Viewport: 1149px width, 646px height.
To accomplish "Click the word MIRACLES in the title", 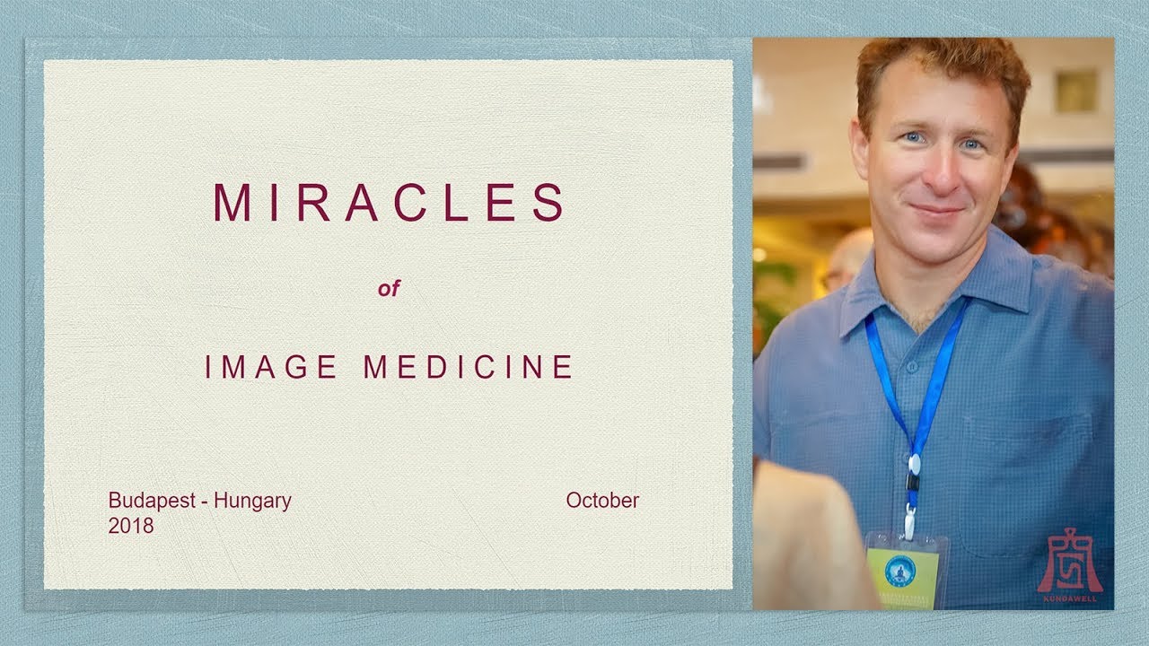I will point(389,203).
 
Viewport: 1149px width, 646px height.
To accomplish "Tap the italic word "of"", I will point(389,289).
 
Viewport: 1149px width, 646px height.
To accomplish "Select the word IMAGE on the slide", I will point(271,367).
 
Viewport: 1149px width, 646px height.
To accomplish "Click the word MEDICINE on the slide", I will point(468,367).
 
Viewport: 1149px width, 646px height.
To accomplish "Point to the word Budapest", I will point(151,501).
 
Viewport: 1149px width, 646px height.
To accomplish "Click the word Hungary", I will point(252,501).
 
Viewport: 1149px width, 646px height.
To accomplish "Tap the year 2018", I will point(131,526).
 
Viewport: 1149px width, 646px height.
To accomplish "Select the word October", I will point(602,501).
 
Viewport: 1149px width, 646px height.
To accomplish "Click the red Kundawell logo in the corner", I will point(1070,565).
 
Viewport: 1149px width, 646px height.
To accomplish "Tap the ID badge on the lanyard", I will point(902,571).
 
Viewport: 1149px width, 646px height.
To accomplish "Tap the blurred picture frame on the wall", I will point(1075,91).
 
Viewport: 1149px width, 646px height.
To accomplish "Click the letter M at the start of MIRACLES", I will point(231,203).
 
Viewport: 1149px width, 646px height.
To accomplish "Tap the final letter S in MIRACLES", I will point(548,203).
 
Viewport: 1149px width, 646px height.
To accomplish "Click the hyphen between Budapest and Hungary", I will point(206,502).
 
